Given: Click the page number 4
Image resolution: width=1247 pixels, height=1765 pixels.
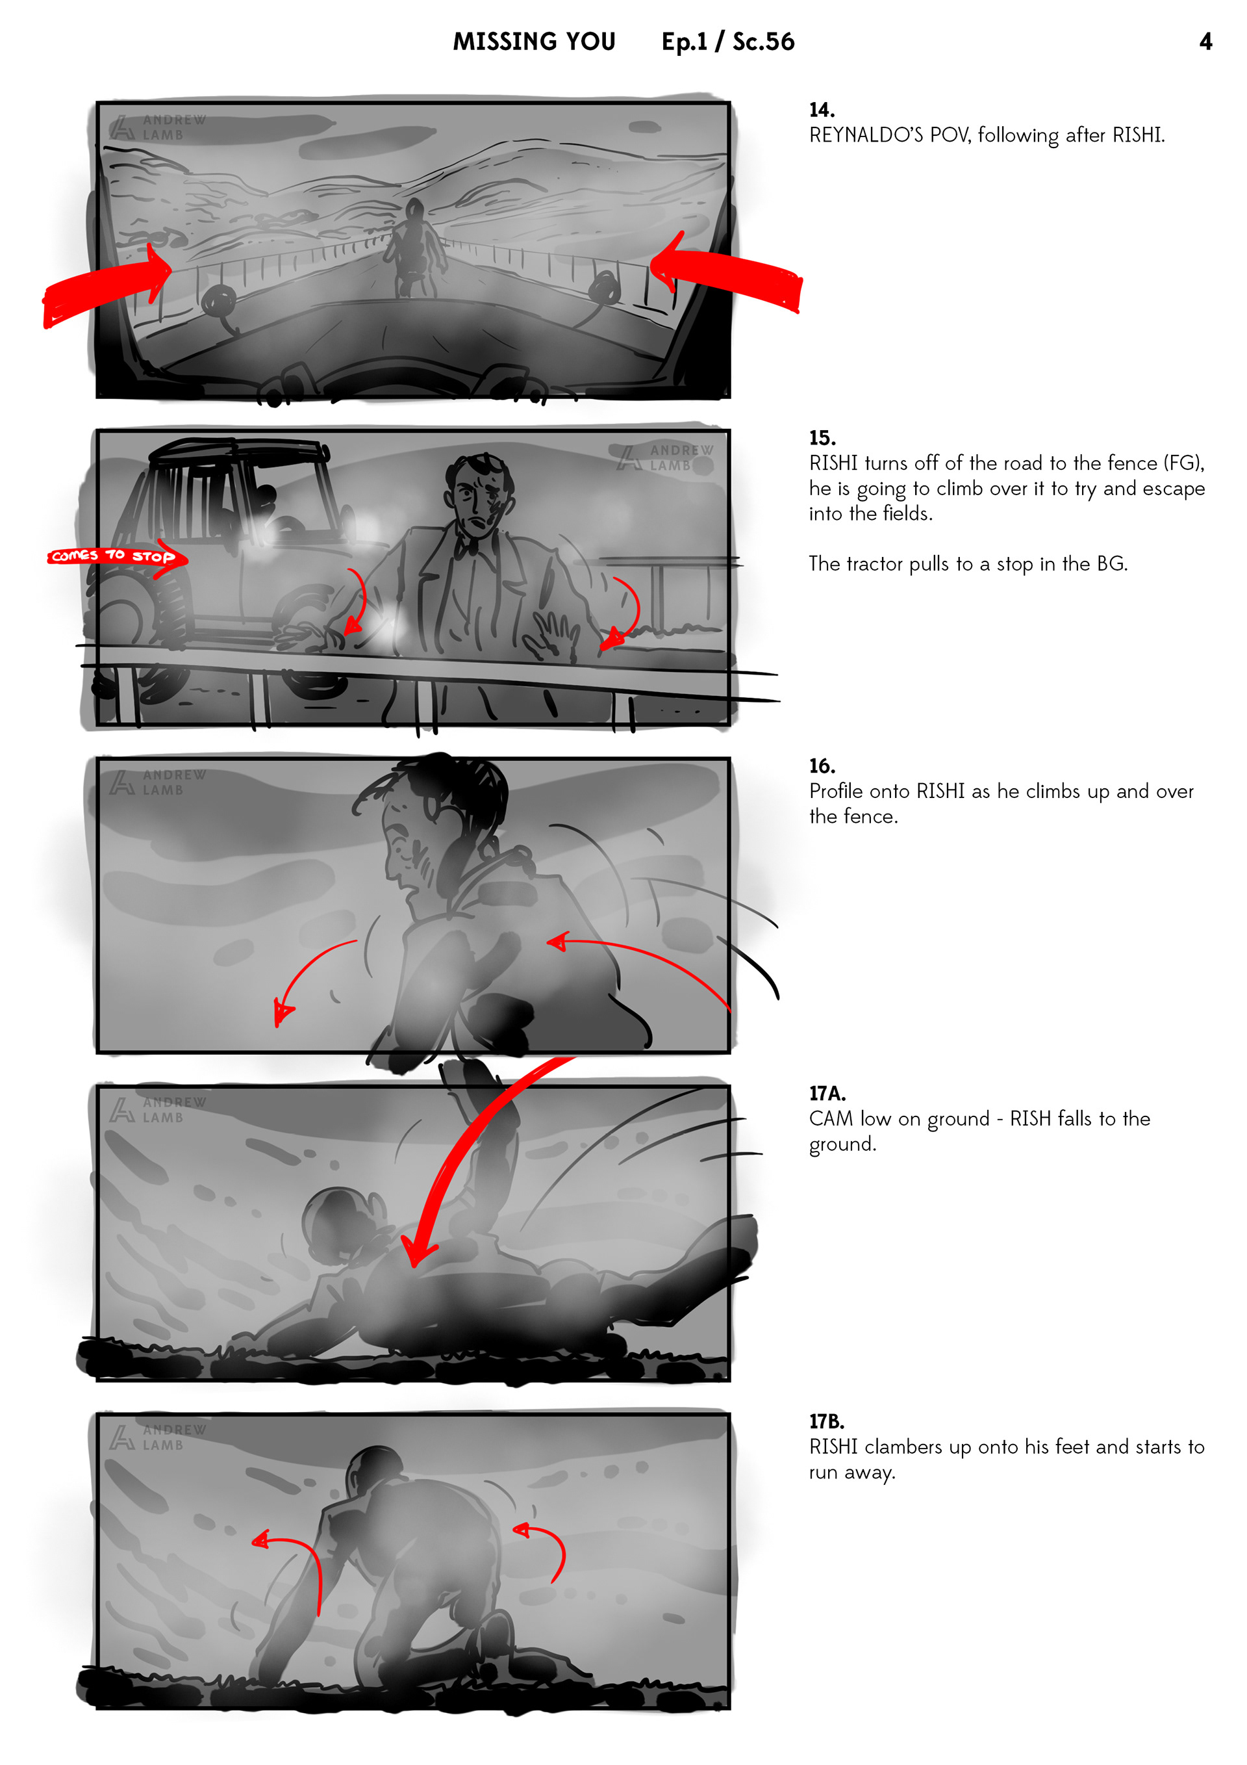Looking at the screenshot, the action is point(1205,42).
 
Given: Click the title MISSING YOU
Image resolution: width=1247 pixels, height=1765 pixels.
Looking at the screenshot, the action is point(534,42).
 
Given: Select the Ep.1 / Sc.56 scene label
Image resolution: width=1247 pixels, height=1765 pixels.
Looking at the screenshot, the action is point(727,42).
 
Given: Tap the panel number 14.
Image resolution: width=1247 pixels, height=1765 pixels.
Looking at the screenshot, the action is point(822,110).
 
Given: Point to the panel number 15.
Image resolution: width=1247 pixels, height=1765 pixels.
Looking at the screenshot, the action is point(822,438).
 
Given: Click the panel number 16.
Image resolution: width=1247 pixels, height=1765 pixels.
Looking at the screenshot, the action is point(822,766).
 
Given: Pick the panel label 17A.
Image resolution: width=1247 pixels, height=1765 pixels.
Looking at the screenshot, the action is point(827,1094).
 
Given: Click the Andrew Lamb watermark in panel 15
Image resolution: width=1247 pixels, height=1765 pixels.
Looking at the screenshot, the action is point(665,457).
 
